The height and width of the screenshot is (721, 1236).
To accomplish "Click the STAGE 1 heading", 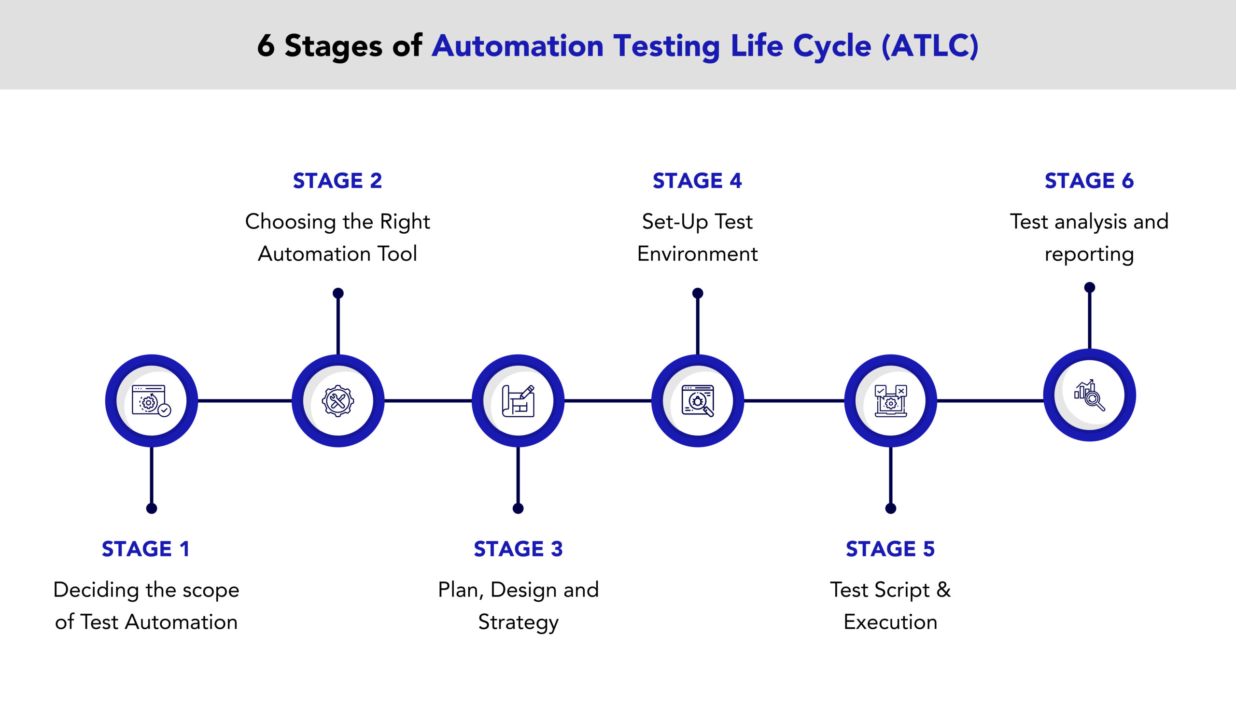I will pos(145,549).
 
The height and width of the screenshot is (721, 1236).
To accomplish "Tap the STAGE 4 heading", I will pos(697,181).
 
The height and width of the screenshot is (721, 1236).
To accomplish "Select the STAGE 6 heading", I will pos(1089,181).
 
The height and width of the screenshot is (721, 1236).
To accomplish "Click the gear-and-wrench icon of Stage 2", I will pos(338,401).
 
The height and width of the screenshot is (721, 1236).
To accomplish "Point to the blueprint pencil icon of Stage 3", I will pos(518,401).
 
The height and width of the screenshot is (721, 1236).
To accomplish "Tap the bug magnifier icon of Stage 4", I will pos(698,401).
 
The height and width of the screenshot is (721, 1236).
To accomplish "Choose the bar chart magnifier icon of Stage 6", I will pos(1089,396).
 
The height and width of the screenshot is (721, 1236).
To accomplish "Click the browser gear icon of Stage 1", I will pos(151,401).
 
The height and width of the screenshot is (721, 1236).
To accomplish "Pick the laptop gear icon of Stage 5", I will pos(891,401).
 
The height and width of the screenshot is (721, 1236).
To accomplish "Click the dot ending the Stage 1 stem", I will pos(152,509).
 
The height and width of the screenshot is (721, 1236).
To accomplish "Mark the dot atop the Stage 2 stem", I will pos(338,293).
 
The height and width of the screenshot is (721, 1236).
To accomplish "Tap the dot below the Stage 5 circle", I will pos(891,509).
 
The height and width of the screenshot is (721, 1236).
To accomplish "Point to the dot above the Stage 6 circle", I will pos(1089,287).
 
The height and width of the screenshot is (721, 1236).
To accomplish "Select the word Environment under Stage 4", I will pos(697,254).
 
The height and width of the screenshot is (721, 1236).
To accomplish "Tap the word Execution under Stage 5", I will pos(890,622).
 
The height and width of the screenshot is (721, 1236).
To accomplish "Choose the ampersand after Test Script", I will pos(943,590).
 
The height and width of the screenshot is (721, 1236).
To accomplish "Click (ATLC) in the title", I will pos(929,46).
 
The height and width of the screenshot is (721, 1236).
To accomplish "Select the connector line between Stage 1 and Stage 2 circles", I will pos(244,401).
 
